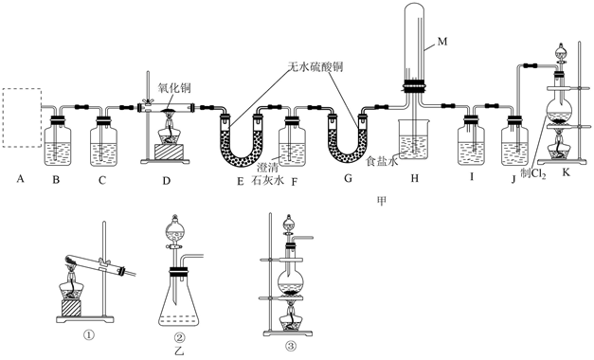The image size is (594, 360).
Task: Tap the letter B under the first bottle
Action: pyautogui.click(x=56, y=179)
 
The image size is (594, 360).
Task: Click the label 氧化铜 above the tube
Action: pyautogui.click(x=174, y=88)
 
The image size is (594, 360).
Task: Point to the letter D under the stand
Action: pyautogui.click(x=167, y=181)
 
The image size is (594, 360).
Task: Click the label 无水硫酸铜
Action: pyautogui.click(x=315, y=66)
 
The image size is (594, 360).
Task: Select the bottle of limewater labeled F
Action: pyautogui.click(x=292, y=142)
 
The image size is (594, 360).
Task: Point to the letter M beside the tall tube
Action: pyautogui.click(x=442, y=42)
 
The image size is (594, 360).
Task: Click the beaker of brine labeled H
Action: pyautogui.click(x=413, y=139)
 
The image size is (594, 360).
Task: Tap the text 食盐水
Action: pyautogui.click(x=382, y=162)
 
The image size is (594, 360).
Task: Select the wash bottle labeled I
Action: pyautogui.click(x=471, y=142)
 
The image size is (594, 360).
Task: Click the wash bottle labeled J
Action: pyautogui.click(x=514, y=142)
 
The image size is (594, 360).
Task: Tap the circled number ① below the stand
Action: pyautogui.click(x=89, y=334)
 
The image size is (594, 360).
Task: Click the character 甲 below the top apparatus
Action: pyautogui.click(x=382, y=201)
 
